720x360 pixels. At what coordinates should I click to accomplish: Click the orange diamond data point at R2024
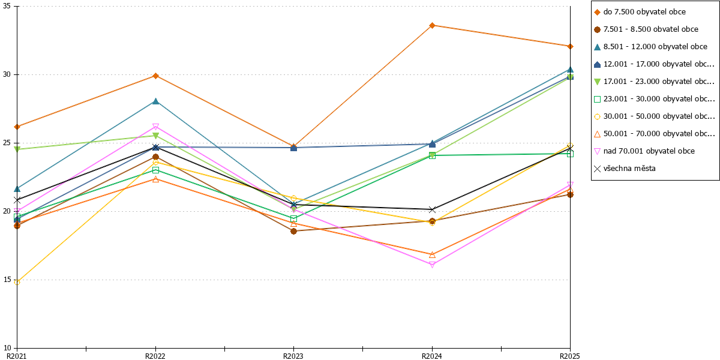[433, 25]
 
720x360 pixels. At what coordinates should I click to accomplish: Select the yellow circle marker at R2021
[17, 282]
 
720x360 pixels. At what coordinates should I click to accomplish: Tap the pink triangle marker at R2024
[433, 265]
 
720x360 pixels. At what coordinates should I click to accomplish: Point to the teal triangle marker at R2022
[155, 101]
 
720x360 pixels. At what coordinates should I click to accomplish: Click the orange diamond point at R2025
[570, 47]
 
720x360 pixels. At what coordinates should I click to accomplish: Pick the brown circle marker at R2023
[294, 231]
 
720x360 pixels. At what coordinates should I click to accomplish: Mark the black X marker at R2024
[433, 209]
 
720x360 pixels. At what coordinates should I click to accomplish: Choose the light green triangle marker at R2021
[17, 149]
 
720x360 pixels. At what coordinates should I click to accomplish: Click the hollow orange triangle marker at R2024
[433, 254]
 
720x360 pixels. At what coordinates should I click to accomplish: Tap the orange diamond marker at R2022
[155, 76]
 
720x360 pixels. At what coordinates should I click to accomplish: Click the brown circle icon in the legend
[597, 29]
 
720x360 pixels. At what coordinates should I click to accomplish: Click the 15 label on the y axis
[7, 280]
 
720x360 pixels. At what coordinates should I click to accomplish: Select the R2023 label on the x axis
[293, 356]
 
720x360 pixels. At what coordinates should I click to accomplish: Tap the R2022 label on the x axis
[155, 356]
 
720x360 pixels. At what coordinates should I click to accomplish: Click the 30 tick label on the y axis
[7, 74]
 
